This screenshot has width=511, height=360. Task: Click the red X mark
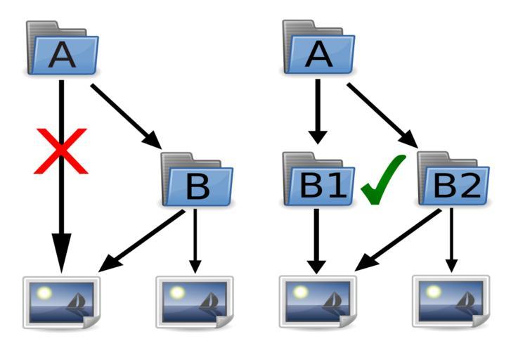61,150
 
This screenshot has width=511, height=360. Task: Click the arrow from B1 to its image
317,239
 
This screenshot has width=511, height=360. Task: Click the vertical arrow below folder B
196,239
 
